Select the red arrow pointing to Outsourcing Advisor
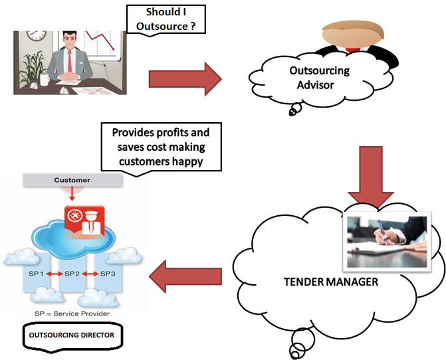pos(184,79)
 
